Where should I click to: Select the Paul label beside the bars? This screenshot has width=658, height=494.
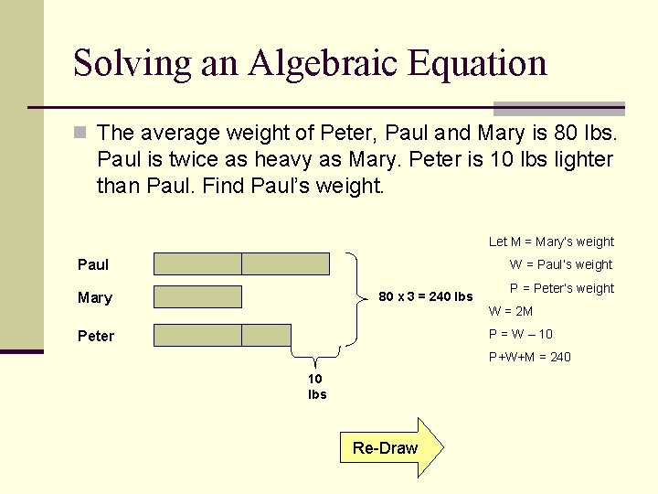point(93,264)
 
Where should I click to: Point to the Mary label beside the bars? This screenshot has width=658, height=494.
point(95,297)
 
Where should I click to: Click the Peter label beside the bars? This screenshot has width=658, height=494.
point(96,336)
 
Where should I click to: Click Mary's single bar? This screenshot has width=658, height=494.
point(197,296)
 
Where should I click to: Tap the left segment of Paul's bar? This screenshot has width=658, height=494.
point(197,263)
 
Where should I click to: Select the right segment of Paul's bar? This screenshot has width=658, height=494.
point(285,263)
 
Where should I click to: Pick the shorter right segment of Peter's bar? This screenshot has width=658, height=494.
point(266,335)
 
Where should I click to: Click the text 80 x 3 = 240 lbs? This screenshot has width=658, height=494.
point(426,295)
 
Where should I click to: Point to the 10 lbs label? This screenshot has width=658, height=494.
point(317,387)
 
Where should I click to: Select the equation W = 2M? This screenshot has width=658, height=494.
point(512,311)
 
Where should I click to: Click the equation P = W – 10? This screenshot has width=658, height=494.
point(521,334)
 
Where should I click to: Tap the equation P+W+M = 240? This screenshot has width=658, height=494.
point(530,357)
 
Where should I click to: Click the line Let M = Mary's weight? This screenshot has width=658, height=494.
point(551,242)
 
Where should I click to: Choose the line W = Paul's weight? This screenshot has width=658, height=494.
point(561,264)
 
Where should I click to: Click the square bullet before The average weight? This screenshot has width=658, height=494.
point(80,134)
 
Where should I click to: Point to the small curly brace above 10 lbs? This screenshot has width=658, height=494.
point(316,360)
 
